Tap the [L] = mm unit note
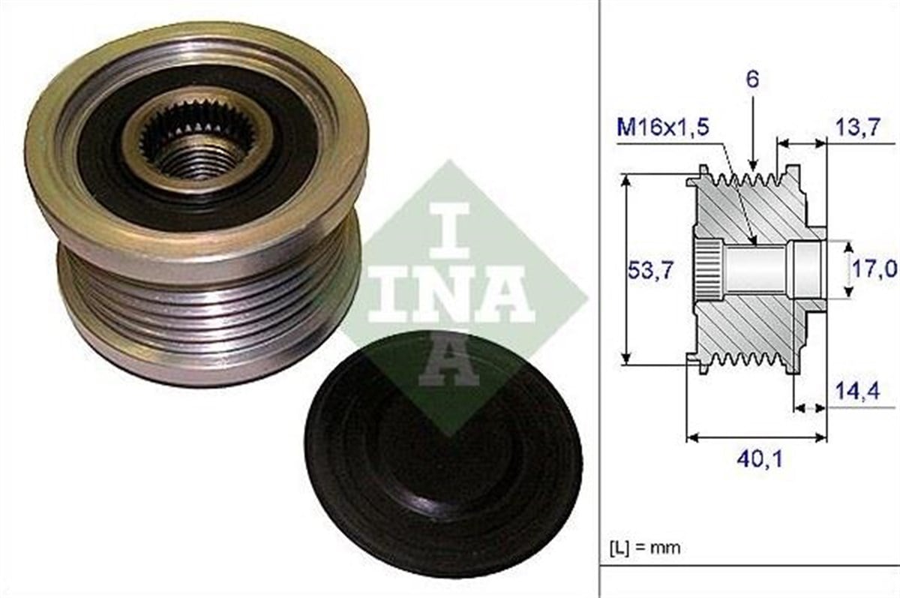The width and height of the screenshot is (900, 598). click(x=643, y=548)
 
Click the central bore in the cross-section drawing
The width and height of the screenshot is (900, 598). click(x=757, y=269)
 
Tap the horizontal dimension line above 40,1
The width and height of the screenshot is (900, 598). click(x=757, y=436)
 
